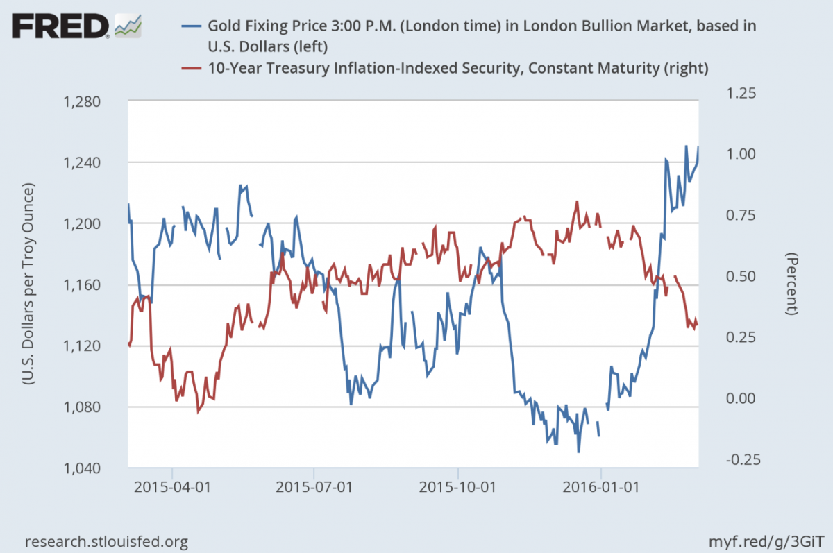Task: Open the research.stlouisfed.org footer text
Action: click(106, 541)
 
